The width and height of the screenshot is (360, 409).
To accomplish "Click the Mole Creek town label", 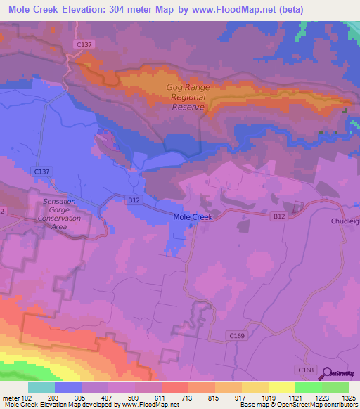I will [193, 218].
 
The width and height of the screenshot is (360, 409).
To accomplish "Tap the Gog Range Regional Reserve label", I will [188, 97].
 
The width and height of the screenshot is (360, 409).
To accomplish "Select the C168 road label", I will [305, 370].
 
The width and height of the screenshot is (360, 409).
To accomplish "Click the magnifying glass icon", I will [326, 374].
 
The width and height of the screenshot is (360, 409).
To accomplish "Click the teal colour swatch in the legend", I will [41, 387].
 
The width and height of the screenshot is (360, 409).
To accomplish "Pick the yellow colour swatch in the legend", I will [281, 387].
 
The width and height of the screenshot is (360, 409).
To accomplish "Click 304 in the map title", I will [150, 9].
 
